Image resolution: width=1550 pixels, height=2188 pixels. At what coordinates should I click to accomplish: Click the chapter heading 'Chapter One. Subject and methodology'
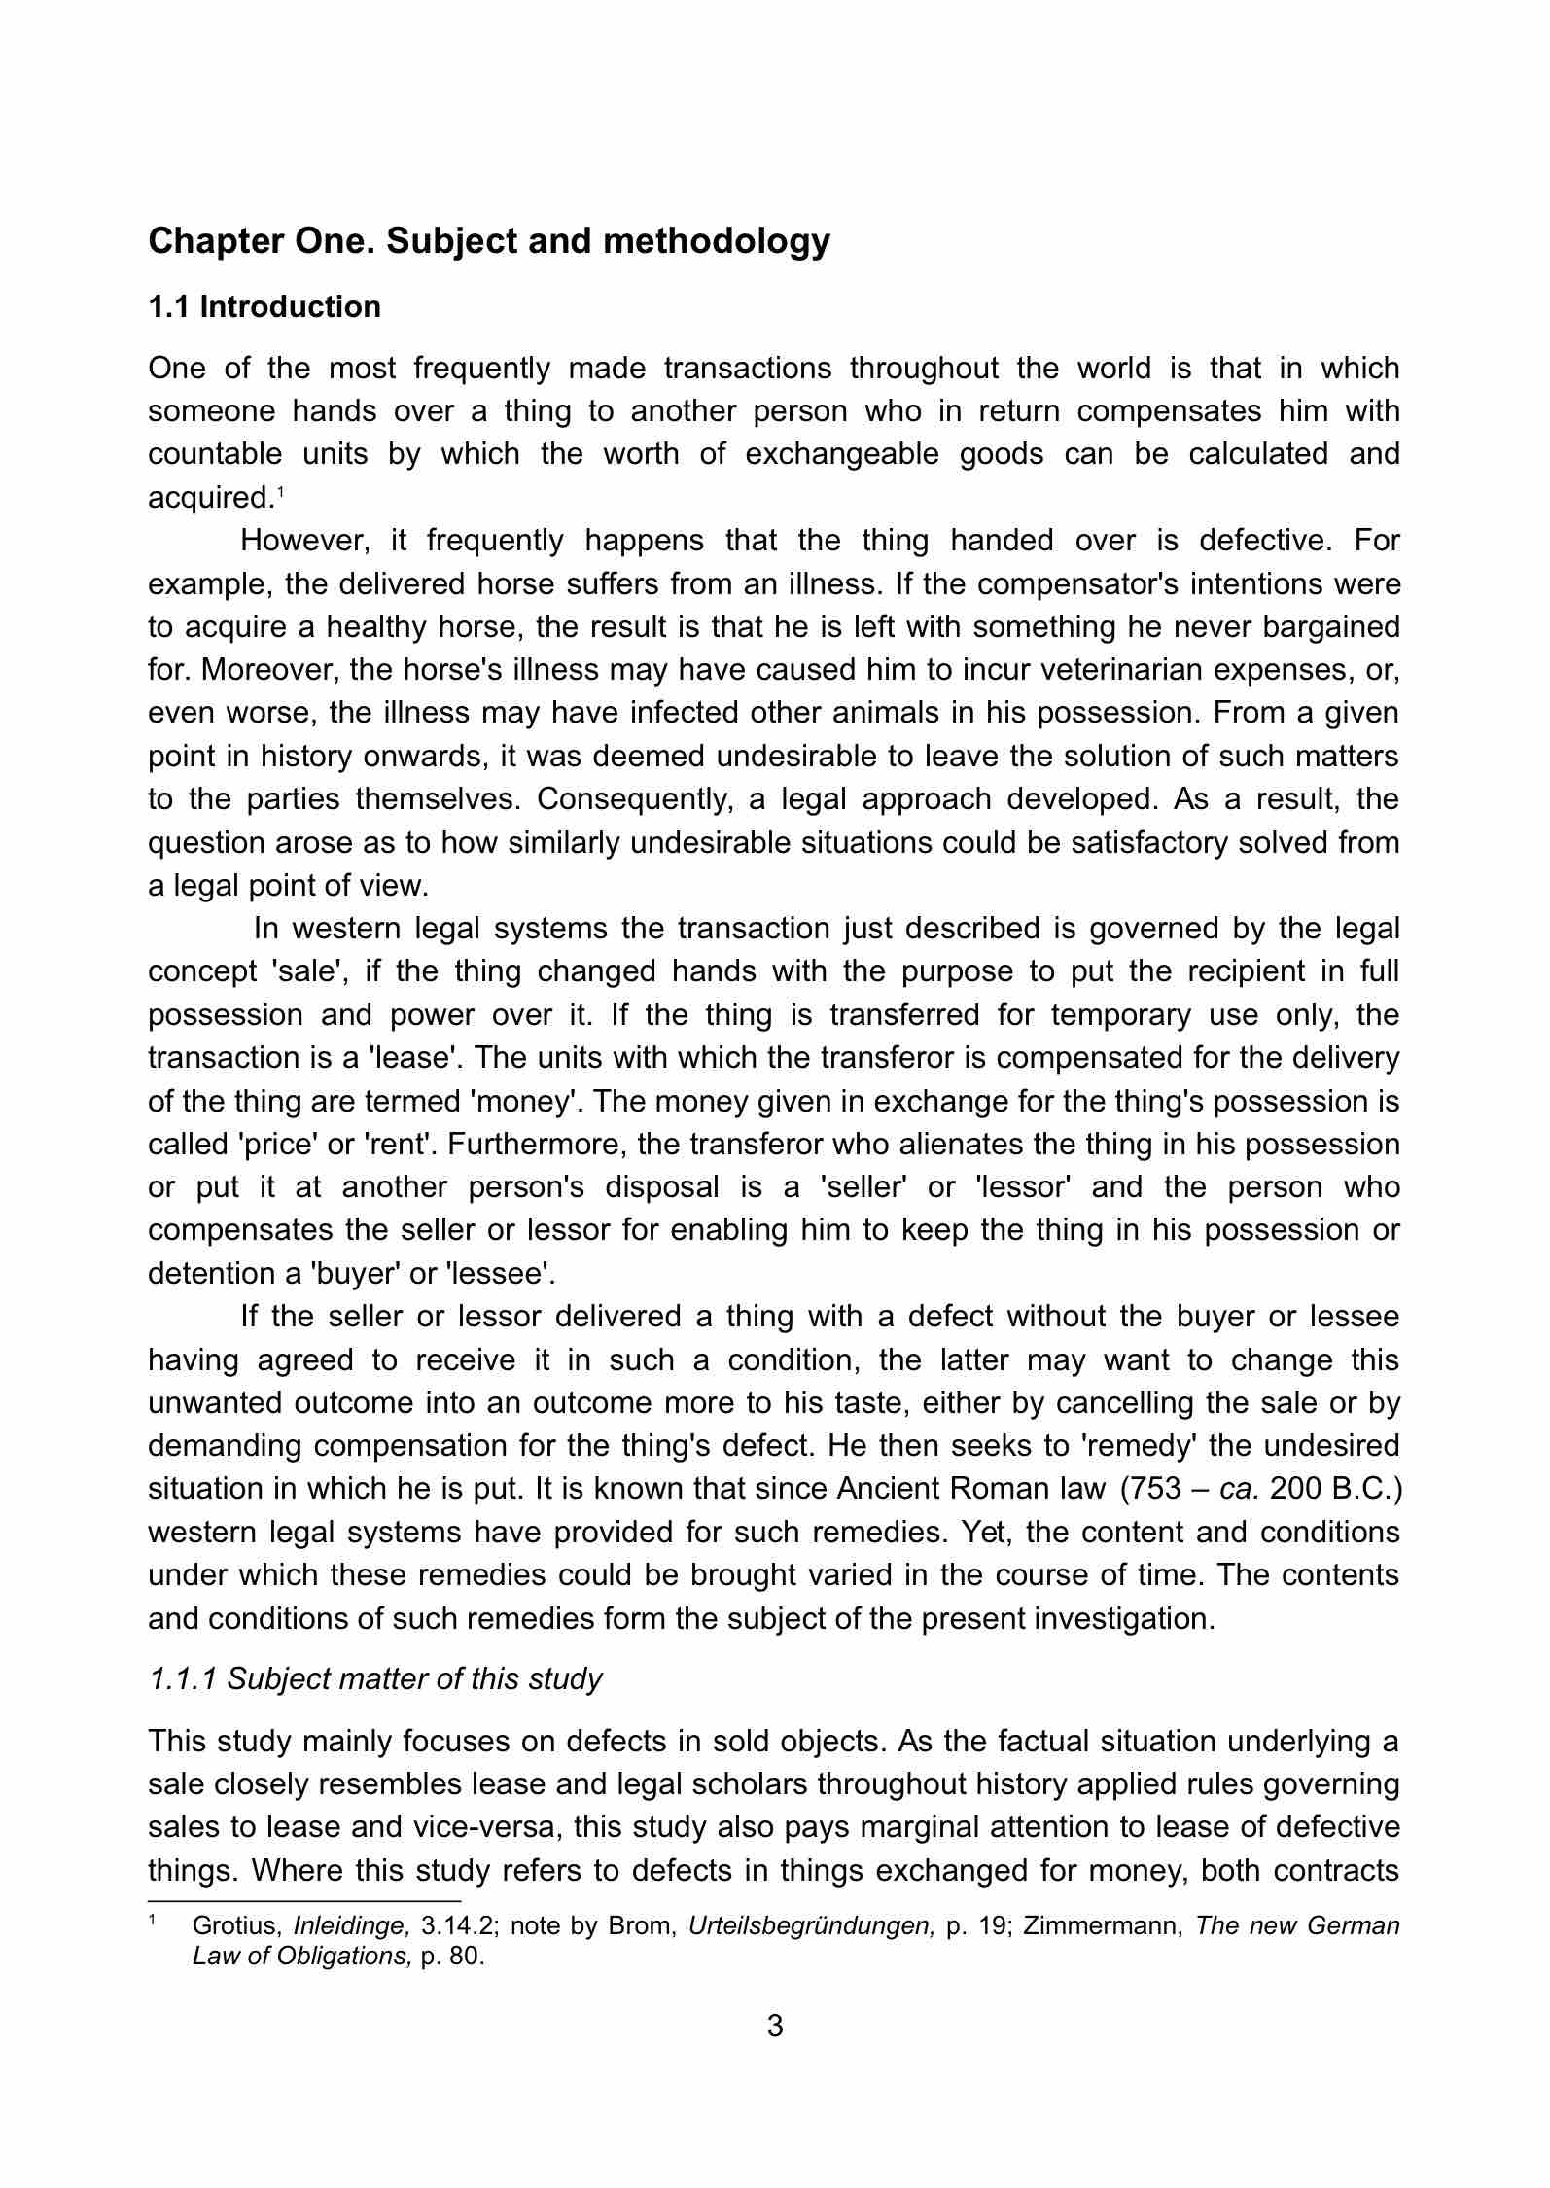[489, 241]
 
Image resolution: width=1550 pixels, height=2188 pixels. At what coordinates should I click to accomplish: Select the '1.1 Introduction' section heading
[264, 307]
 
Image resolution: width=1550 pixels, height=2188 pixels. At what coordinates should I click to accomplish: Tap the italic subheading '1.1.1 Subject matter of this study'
[375, 1678]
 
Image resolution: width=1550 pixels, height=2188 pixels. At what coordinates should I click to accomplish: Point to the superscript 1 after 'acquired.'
[280, 491]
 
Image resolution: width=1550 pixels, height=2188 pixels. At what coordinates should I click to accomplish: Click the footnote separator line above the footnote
[303, 1899]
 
